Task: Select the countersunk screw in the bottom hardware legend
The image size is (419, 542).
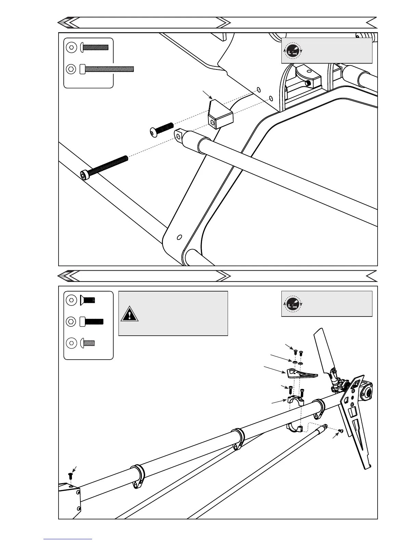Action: [88, 300]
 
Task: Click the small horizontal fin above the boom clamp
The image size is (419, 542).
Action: [301, 374]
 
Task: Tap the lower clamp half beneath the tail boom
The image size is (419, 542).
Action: [295, 428]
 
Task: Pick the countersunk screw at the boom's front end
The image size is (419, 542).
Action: [71, 475]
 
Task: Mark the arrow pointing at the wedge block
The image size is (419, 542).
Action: [207, 95]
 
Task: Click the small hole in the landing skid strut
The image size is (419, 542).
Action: [179, 237]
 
